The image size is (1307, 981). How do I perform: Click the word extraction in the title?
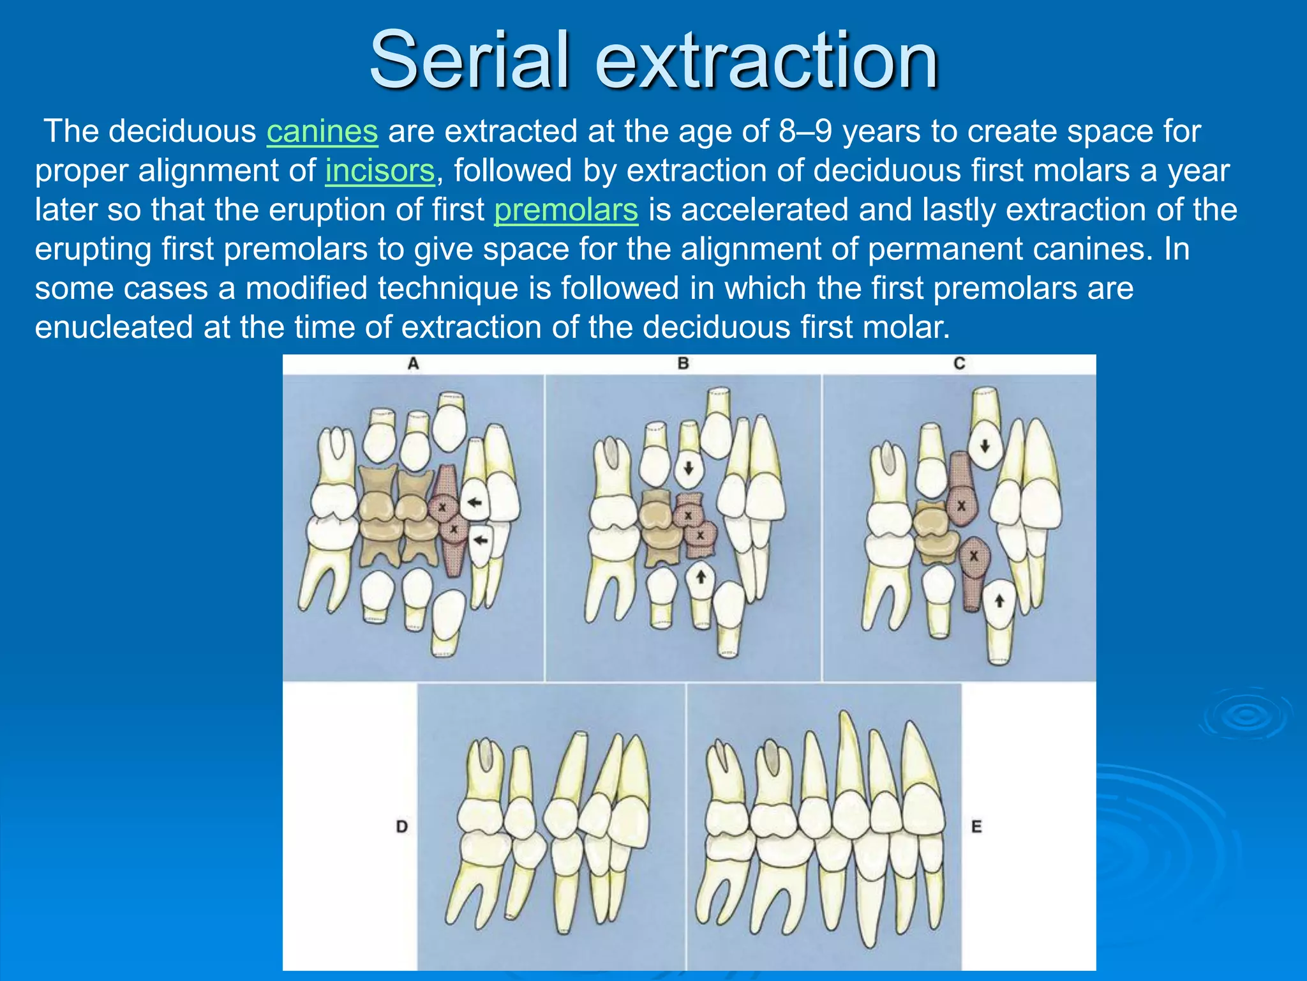766,61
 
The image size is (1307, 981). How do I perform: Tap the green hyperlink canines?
322,132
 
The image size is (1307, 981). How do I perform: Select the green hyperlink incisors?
380,171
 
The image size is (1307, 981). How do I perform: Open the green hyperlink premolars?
566,210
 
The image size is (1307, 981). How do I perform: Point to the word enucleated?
114,328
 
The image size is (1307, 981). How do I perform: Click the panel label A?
413,364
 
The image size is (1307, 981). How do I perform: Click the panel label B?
683,364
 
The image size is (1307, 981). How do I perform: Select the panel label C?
959,364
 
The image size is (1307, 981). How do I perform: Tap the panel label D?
401,826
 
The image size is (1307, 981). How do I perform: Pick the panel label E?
976,826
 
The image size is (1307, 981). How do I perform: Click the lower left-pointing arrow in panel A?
480,541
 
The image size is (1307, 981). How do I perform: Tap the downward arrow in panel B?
689,468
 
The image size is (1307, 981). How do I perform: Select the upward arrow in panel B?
701,577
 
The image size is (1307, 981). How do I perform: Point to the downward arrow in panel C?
985,445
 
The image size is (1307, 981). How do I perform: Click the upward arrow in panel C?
999,600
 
